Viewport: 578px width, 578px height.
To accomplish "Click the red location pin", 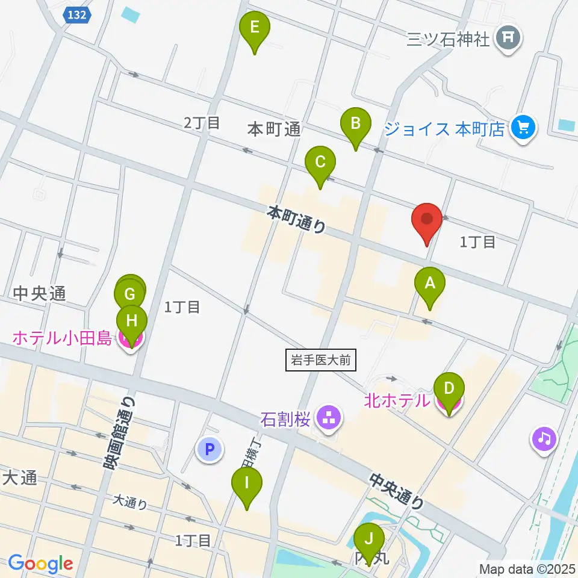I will coord(427,220).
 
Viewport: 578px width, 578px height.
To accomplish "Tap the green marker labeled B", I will coord(355,125).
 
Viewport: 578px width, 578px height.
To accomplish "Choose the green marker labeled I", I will coord(247,484).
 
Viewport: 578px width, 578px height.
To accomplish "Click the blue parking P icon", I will coord(209,449).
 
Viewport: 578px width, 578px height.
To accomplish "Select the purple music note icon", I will coord(544,438).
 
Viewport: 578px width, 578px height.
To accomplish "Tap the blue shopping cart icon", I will coord(523,127).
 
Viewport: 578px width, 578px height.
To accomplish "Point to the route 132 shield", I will coord(76,16).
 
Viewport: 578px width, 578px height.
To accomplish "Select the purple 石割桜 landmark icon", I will coord(329,418).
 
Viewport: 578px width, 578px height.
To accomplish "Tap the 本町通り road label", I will coord(297,219).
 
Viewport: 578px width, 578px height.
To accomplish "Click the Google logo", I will coord(40,564).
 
